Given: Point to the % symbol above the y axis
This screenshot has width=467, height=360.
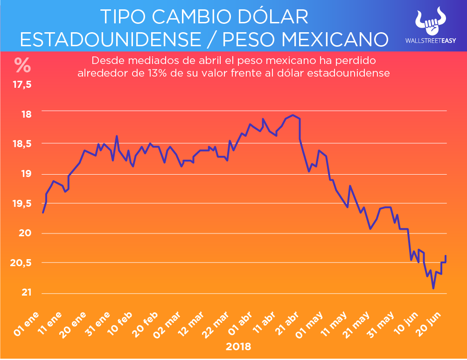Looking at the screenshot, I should point(22,65).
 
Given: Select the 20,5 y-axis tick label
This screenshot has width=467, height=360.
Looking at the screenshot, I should point(22,263).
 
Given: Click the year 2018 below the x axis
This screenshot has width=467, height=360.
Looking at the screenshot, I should point(238,347).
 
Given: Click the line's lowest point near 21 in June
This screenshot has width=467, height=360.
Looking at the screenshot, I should point(433,289).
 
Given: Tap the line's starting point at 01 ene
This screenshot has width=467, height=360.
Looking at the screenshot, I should point(43,212).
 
